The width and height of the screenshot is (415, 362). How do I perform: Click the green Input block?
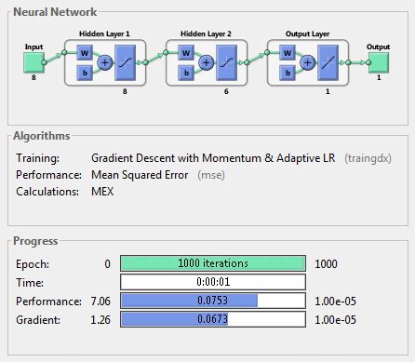33,62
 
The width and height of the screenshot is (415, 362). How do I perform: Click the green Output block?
379,62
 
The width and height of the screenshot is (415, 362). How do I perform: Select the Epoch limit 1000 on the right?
328,263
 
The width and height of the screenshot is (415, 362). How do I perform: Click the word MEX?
103,191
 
